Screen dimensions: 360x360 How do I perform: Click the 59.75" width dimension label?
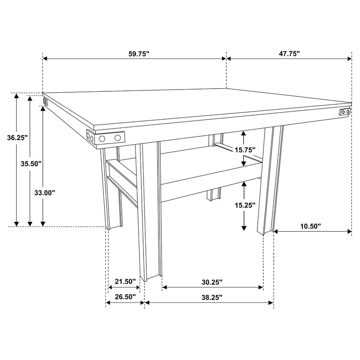click(x=139, y=54)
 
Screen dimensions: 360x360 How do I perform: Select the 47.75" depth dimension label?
click(x=289, y=54)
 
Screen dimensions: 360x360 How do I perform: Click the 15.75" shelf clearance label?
click(x=245, y=149)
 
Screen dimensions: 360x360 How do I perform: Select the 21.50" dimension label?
click(x=125, y=282)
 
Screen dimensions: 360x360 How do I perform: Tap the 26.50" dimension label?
click(x=125, y=297)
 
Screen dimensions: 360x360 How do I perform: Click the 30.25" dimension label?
click(x=212, y=282)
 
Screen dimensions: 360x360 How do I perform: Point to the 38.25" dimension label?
click(x=212, y=297)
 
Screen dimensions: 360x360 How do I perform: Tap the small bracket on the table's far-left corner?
click(x=45, y=102)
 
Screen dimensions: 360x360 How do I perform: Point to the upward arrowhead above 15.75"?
click(x=243, y=133)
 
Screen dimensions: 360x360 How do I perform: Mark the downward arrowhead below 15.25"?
click(x=243, y=228)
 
